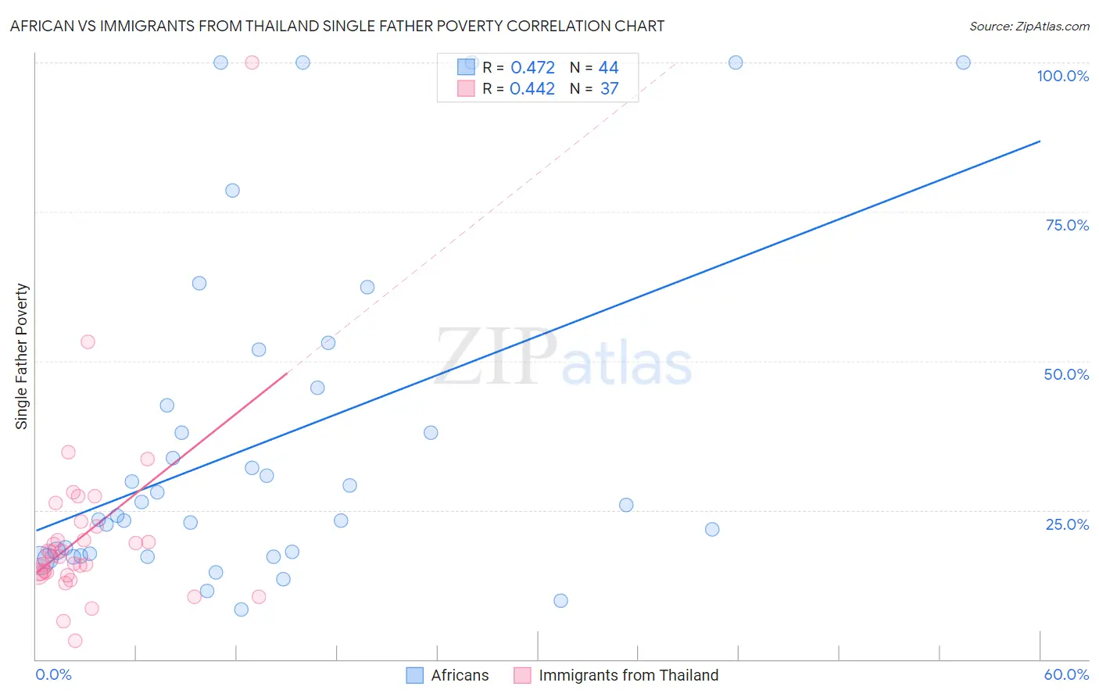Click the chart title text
[x=337, y=26]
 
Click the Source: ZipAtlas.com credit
[x=1029, y=27]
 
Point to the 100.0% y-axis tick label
[x=1062, y=76]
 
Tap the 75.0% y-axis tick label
[x=1067, y=225]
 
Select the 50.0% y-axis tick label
[x=1066, y=374]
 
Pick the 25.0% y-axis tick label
[x=1067, y=524]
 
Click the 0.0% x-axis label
[x=53, y=674]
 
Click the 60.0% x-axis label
[x=1066, y=674]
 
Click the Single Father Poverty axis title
[x=22, y=356]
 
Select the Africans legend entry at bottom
[x=448, y=675]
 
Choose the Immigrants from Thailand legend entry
[x=617, y=675]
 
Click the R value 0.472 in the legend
[x=532, y=68]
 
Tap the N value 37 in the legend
[x=609, y=89]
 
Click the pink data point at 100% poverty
[x=252, y=63]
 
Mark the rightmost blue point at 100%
[x=963, y=63]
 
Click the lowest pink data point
[x=75, y=641]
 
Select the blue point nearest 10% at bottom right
[x=560, y=601]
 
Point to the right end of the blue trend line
[x=1040, y=141]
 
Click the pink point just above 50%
[x=88, y=341]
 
